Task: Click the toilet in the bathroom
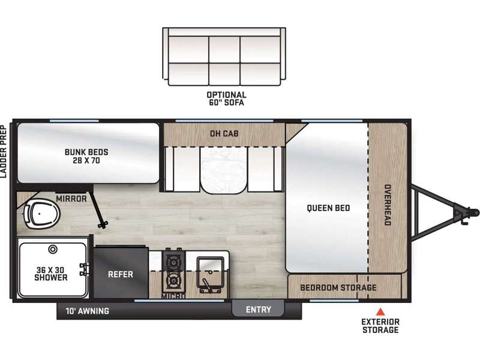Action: [42, 214]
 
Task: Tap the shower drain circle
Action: [53, 250]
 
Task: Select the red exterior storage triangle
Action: [380, 311]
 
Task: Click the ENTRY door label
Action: [259, 310]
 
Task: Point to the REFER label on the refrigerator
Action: [121, 274]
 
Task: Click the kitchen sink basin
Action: [210, 274]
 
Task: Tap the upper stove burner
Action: [173, 262]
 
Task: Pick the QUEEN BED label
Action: [328, 208]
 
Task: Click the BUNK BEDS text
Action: [86, 152]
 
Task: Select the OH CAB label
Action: [224, 133]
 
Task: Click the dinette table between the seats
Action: [224, 170]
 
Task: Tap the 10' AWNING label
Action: [87, 311]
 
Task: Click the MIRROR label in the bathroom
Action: [71, 199]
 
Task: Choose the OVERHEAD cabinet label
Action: [388, 205]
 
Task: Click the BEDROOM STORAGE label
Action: [338, 287]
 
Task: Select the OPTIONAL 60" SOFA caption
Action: [227, 98]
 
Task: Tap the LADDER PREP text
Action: [4, 152]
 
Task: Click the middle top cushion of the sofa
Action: [224, 50]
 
